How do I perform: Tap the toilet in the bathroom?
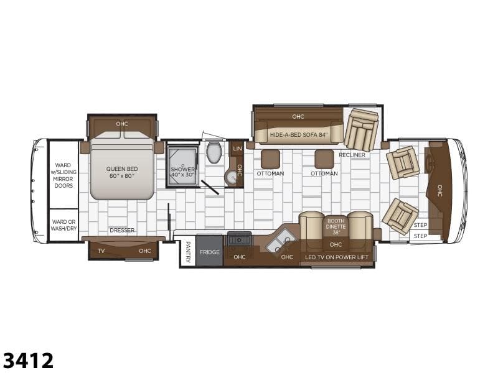214,152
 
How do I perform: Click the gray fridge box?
209,251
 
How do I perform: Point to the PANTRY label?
188,252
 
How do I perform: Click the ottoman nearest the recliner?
324,159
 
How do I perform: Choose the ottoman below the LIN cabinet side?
271,159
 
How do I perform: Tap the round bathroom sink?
232,177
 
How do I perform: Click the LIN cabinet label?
237,149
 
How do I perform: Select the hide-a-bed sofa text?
299,135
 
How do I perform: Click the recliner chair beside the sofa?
362,130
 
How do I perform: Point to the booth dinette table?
336,227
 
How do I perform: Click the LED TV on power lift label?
337,257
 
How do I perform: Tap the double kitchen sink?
280,242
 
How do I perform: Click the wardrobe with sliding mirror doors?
63,175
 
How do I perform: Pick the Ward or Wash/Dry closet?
63,225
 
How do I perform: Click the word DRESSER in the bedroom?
122,230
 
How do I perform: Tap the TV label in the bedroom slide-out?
101,251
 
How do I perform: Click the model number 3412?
28,361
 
